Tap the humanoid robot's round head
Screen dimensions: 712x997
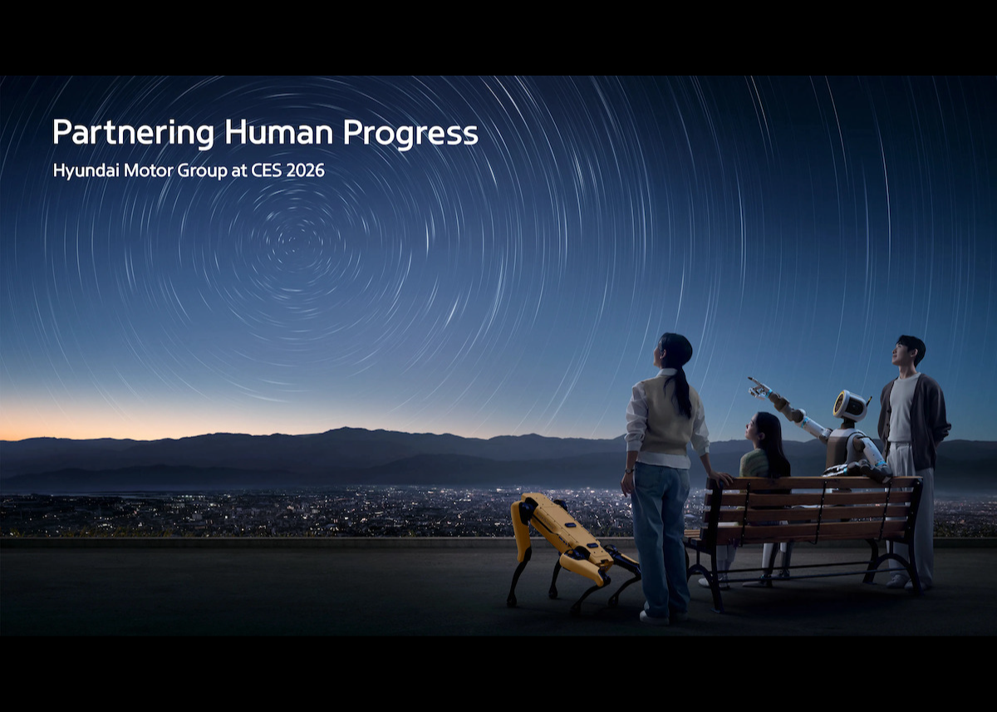click(849, 406)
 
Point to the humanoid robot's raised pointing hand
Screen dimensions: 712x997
click(758, 385)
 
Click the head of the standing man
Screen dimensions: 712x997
click(909, 351)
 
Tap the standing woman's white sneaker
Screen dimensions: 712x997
click(654, 616)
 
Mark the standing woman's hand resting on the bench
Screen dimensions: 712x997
click(721, 479)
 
